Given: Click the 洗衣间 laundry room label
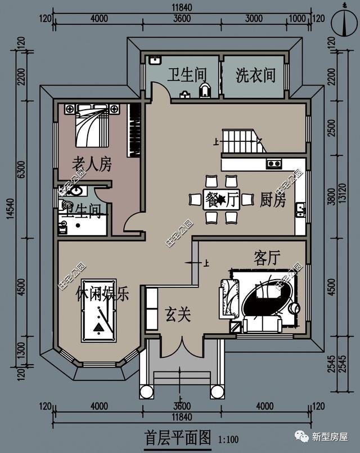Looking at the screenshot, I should coord(256,75).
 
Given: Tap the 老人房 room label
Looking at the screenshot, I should coord(92,164).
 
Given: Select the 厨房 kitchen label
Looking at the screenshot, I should coord(273,200).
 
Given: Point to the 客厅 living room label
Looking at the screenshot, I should coord(267,258).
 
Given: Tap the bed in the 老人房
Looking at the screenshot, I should coord(92,127).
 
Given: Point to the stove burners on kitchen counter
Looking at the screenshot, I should coord(274,164).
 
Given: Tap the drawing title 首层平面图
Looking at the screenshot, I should coord(177,437).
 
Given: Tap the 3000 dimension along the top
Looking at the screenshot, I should coord(254,17).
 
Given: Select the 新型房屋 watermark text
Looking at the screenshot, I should coord(330,437).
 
